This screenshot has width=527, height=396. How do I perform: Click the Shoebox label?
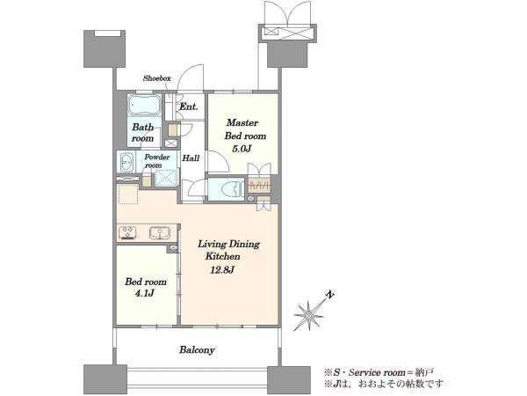157,78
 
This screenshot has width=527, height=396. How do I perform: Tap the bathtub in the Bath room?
144,105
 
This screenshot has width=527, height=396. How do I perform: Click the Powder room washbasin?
126,163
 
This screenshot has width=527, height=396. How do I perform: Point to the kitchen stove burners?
127,232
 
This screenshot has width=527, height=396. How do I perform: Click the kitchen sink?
160,233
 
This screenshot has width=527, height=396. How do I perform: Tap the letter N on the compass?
330,295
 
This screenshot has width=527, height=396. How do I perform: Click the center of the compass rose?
308,316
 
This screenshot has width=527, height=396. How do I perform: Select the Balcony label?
197,350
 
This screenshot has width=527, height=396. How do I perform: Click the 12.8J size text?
222,270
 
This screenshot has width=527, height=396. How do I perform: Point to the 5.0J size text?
242,149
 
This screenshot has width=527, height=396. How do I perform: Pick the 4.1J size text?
145,293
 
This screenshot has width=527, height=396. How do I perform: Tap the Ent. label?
189,106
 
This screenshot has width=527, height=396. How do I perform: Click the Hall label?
191,158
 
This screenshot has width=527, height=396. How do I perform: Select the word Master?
242,122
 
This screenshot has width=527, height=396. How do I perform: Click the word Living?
211,244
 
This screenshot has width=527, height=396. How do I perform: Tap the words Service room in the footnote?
377,373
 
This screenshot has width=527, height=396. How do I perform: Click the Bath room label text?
143,133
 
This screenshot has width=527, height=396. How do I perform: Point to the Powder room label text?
157,161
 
